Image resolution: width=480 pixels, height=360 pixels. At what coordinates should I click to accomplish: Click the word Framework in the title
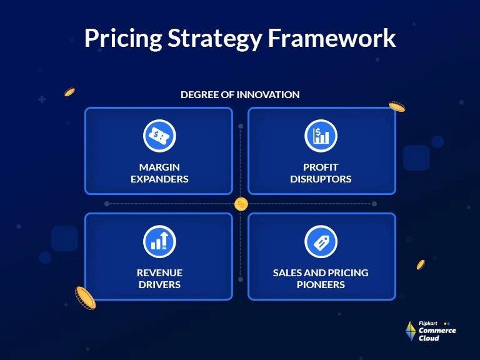pyautogui.click(x=332, y=38)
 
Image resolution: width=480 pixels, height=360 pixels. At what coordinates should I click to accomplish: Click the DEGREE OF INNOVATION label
pyautogui.click(x=240, y=94)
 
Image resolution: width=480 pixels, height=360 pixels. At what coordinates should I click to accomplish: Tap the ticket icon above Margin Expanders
pyautogui.click(x=159, y=136)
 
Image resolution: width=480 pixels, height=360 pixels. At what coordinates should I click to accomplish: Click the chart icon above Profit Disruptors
pyautogui.click(x=321, y=136)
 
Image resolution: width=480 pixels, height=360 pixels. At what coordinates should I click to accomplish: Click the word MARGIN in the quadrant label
pyautogui.click(x=159, y=167)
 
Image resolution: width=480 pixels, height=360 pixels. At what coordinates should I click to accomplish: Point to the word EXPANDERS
pyautogui.click(x=159, y=179)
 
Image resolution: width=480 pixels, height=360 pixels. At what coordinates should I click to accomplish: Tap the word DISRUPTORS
pyautogui.click(x=321, y=179)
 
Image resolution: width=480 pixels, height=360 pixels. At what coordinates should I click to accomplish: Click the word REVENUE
pyautogui.click(x=159, y=272)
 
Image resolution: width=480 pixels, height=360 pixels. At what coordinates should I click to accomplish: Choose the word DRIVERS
pyautogui.click(x=159, y=284)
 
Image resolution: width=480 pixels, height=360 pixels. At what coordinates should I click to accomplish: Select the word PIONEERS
pyautogui.click(x=321, y=284)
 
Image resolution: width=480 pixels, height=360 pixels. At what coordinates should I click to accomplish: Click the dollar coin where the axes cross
pyautogui.click(x=241, y=204)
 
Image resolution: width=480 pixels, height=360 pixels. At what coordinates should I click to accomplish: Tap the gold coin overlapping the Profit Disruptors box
pyautogui.click(x=397, y=107)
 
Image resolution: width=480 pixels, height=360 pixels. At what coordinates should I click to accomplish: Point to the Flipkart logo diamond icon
pyautogui.click(x=411, y=331)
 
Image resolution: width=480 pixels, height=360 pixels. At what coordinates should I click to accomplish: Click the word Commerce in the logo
pyautogui.click(x=437, y=331)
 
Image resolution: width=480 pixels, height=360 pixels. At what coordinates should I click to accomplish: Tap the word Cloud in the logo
pyautogui.click(x=429, y=338)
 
